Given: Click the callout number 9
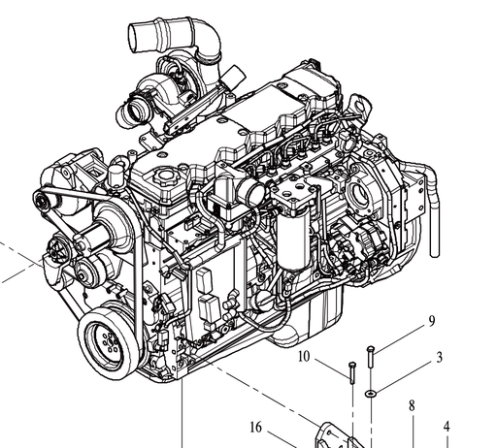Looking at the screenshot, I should point(432,321).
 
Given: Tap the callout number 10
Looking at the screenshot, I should point(304,357).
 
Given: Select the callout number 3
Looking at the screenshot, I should point(440,358).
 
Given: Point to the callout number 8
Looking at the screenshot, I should point(412,405).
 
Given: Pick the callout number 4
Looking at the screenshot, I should point(447,426).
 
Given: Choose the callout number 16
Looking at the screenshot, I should point(256,426).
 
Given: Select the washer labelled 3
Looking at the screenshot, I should point(371,394).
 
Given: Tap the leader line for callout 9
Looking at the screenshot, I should point(401,338).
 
